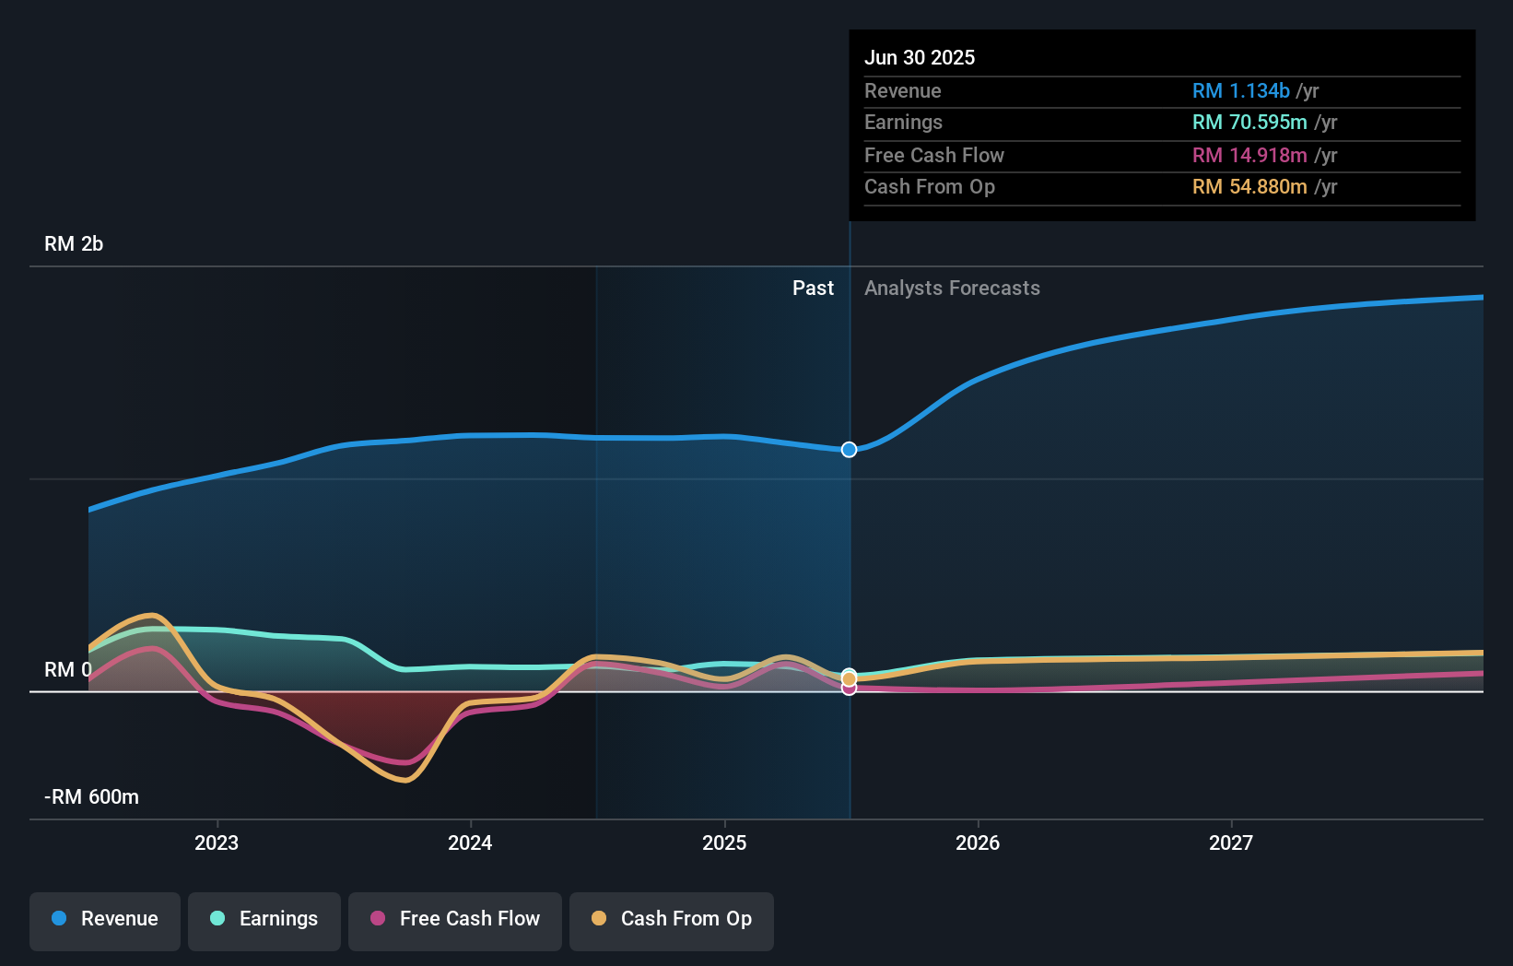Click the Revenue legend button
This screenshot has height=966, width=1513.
(105, 919)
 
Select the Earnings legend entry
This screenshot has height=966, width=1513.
(264, 919)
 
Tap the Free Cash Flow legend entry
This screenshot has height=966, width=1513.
(455, 919)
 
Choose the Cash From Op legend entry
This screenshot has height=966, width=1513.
(672, 919)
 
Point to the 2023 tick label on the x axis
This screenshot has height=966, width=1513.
(217, 843)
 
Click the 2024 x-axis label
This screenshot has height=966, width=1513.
(470, 843)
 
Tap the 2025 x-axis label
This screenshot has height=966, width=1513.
(724, 843)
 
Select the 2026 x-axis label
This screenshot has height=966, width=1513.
(978, 843)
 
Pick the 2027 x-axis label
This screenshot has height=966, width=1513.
(1231, 843)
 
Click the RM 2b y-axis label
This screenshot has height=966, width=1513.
(74, 244)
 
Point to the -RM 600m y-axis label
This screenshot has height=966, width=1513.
(91, 797)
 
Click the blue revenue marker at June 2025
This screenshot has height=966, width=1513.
(850, 450)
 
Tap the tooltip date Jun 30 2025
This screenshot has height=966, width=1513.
(920, 58)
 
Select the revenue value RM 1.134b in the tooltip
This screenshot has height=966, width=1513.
(1240, 91)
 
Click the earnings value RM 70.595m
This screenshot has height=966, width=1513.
(1249, 123)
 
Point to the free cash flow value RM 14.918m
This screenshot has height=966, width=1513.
(1249, 156)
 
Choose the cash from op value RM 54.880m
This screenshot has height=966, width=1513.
(1249, 187)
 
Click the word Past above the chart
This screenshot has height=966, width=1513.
(813, 289)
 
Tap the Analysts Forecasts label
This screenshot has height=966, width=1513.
(952, 289)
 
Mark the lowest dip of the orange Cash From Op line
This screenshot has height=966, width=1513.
(404, 781)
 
